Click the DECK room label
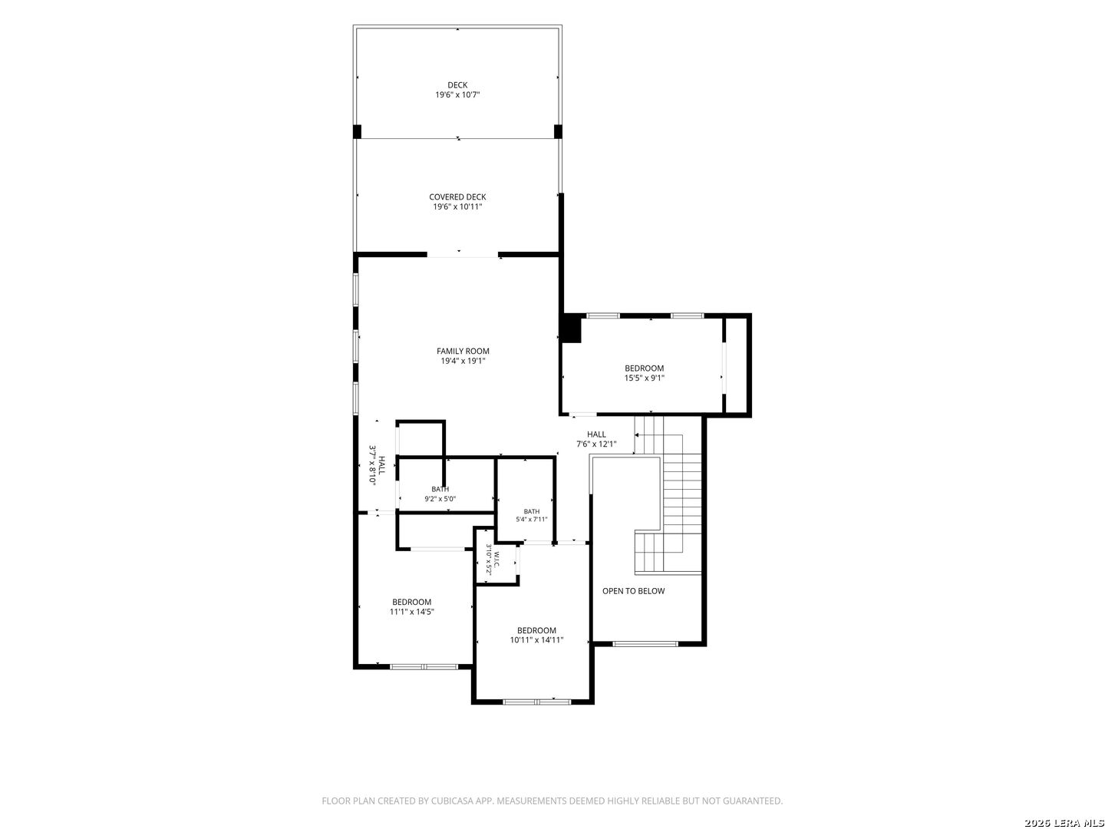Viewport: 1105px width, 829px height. (x=457, y=85)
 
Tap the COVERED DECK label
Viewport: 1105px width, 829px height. (x=457, y=197)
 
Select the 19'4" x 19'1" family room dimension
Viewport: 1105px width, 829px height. (x=463, y=361)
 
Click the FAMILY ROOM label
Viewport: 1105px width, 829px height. (x=463, y=351)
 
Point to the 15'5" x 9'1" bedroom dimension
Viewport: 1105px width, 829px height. (x=644, y=378)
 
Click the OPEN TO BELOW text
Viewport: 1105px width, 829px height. (x=633, y=590)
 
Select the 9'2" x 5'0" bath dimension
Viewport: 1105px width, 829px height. (x=440, y=499)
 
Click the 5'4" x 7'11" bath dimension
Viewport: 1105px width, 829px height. (x=531, y=519)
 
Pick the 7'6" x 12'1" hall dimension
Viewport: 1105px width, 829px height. (x=596, y=444)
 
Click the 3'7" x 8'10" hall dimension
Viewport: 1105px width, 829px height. (x=372, y=464)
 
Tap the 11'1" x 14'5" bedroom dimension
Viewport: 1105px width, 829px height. (x=412, y=612)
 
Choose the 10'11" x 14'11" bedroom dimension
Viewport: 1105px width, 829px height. (x=536, y=639)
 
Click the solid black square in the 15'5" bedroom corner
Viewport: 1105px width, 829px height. (x=572, y=329)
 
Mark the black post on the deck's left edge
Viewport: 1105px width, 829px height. (x=357, y=131)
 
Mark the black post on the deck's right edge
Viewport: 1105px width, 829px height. (x=558, y=131)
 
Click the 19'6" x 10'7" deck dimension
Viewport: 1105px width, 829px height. (x=457, y=94)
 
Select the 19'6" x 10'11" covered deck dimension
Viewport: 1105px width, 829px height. (x=457, y=206)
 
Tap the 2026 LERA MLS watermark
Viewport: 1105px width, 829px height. (x=1064, y=823)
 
